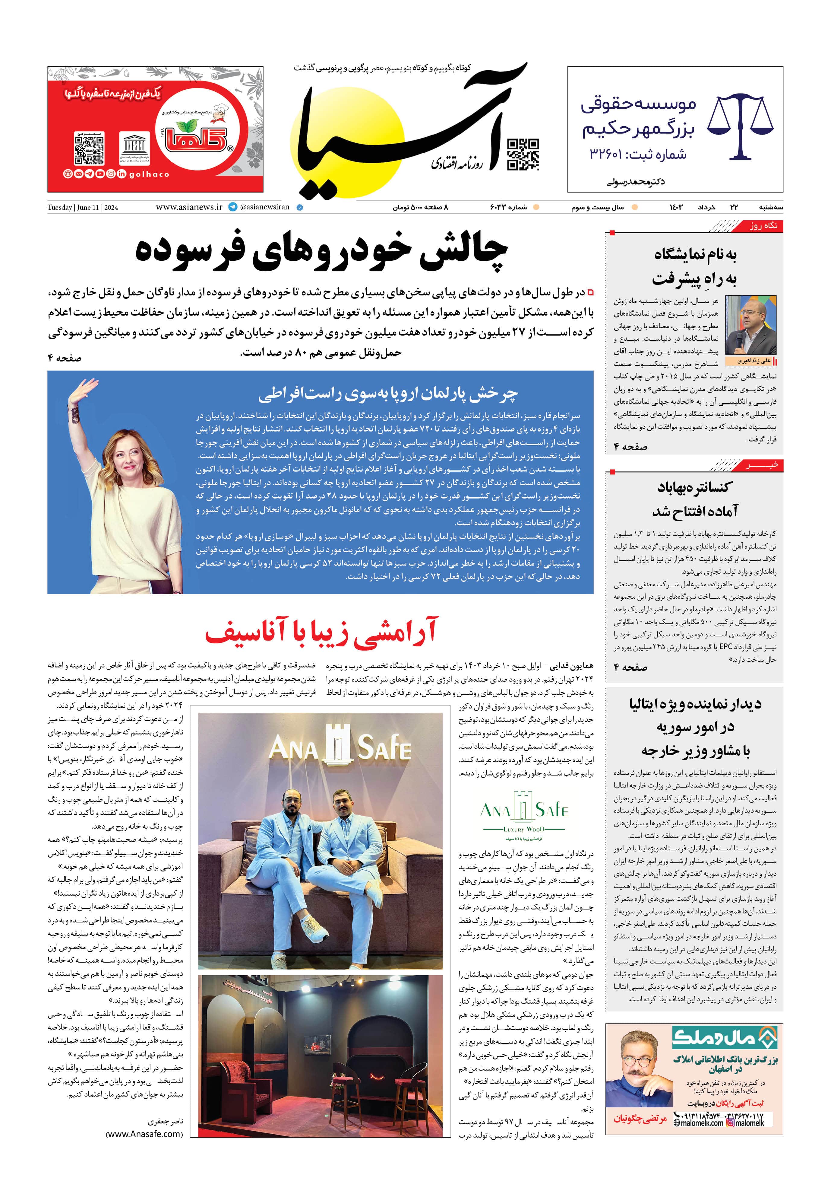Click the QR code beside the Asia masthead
pyautogui.click(x=523, y=154)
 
